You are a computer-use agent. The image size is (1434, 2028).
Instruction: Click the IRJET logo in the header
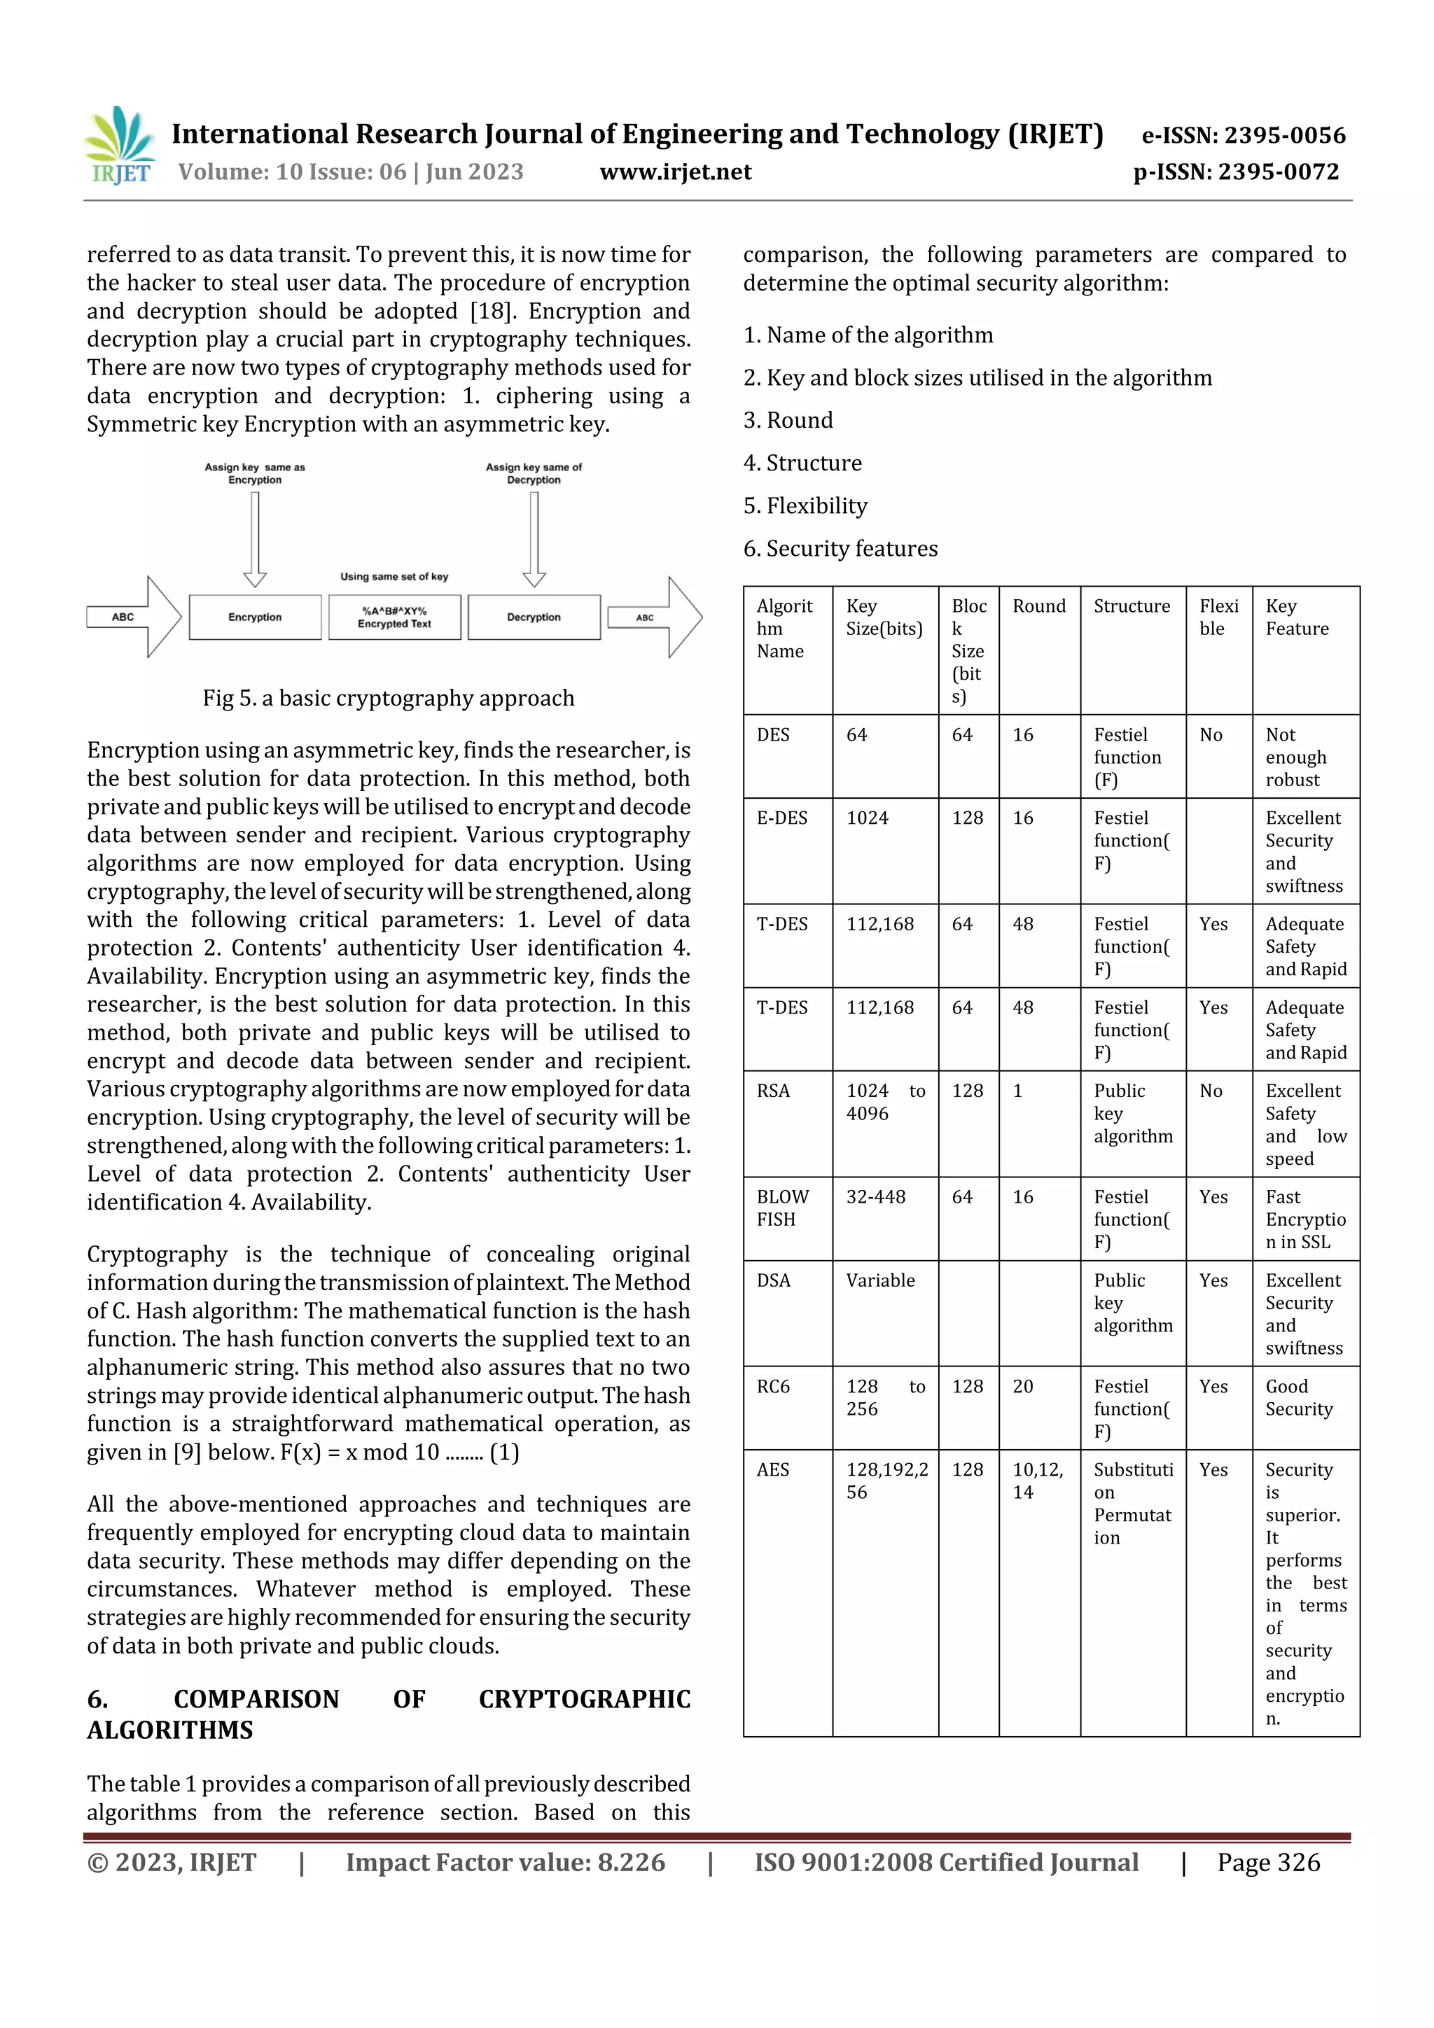119,146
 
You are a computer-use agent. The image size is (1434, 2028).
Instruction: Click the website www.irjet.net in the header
675,172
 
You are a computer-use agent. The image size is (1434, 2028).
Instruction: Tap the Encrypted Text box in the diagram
394,617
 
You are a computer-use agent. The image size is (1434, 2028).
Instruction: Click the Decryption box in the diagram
534,617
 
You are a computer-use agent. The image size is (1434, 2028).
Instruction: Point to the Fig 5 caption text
388,698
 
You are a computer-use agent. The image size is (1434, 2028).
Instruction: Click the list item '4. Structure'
802,463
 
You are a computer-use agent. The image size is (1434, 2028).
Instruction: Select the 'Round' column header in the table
1038,606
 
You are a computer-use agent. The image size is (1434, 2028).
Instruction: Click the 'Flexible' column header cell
1218,617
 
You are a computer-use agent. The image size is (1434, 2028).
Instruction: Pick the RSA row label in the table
773,1091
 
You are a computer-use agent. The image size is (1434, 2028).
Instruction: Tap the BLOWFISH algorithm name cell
782,1208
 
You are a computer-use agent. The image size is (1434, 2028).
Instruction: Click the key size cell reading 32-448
876,1197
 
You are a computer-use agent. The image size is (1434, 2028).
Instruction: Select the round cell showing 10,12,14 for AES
1037,1481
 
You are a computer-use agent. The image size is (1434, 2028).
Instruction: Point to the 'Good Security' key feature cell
1298,1397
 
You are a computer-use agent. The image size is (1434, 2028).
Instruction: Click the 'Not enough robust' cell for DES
1295,757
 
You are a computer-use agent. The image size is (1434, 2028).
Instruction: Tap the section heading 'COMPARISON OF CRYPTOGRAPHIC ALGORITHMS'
388,1714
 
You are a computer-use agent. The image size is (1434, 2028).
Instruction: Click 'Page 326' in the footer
1268,1862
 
